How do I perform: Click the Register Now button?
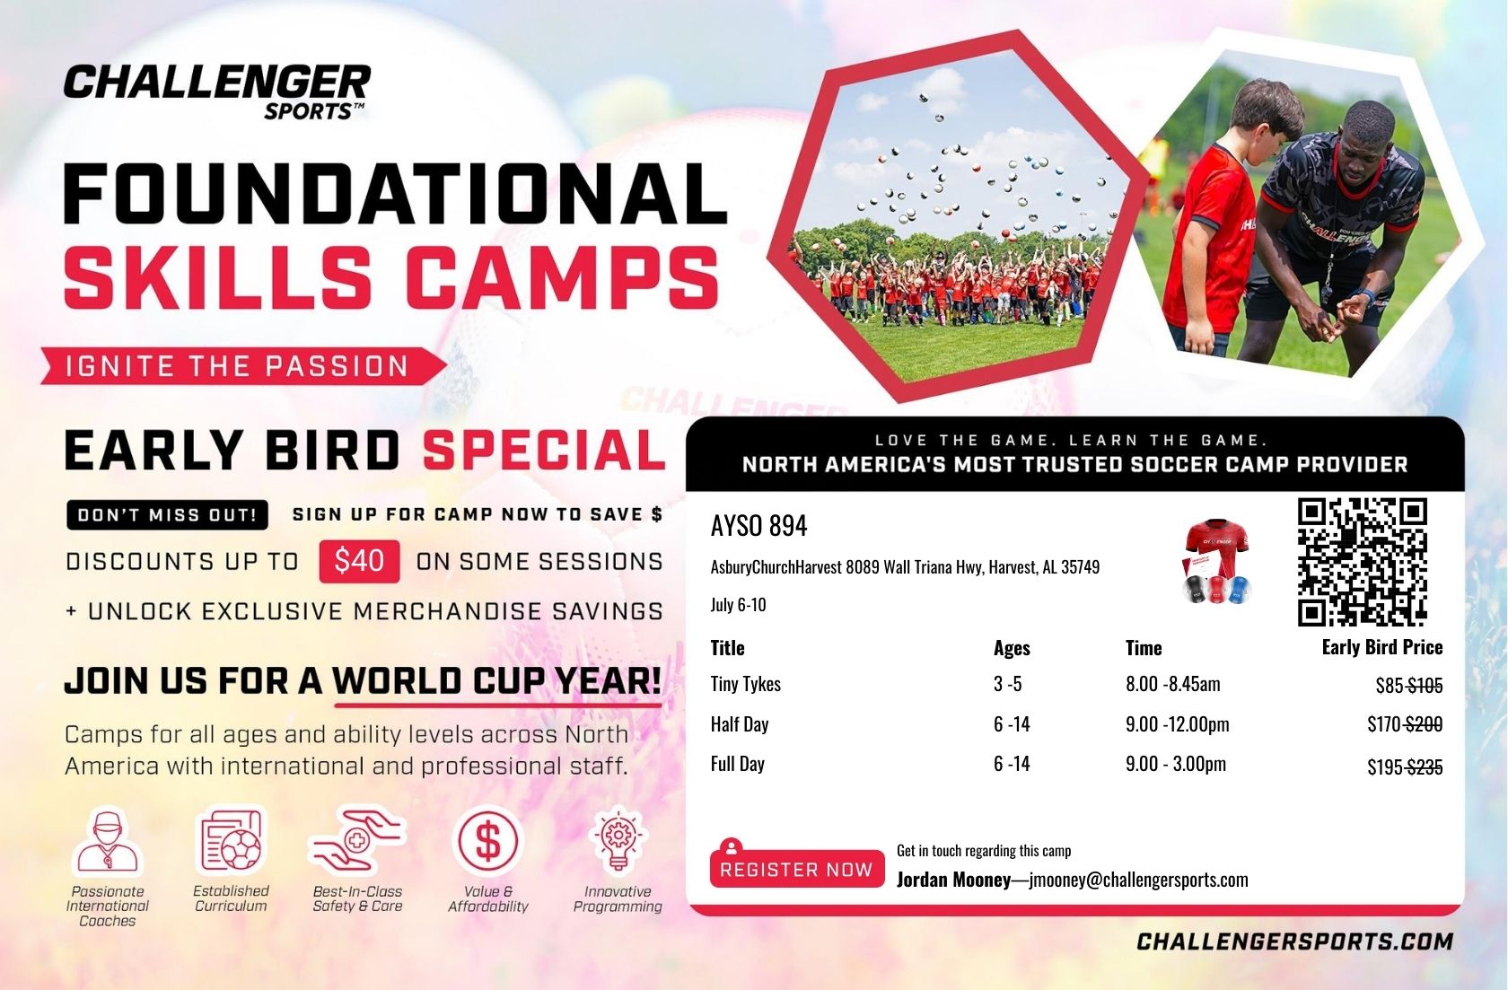(x=796, y=868)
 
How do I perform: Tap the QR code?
(x=1363, y=561)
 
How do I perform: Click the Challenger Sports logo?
(x=217, y=92)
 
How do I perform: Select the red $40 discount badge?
(x=359, y=561)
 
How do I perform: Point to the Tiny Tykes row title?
(x=745, y=684)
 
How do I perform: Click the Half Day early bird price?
(x=1404, y=724)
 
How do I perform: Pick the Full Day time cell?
(x=1176, y=764)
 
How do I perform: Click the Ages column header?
(x=1011, y=647)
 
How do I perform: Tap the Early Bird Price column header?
(x=1382, y=647)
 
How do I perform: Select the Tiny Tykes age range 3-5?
(x=1007, y=684)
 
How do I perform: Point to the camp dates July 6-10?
(x=738, y=604)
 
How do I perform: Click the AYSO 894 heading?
(x=758, y=526)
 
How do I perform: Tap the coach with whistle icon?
(x=107, y=841)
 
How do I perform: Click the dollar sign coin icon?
(x=487, y=841)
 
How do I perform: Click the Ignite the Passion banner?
(x=243, y=366)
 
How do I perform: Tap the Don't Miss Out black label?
(x=167, y=515)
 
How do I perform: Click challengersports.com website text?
(x=1294, y=942)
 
